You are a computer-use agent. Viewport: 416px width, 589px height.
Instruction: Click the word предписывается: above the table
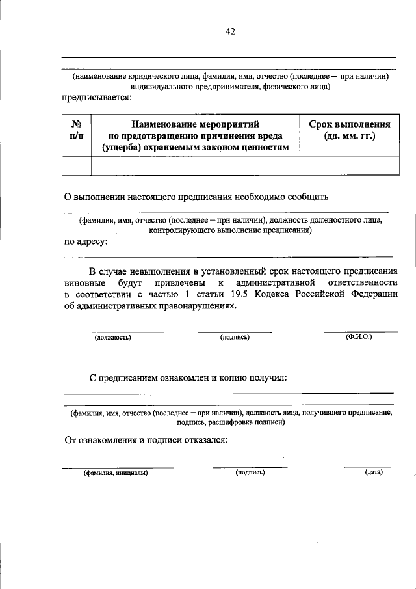[96, 98]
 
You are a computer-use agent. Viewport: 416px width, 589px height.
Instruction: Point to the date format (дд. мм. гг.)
[349, 137]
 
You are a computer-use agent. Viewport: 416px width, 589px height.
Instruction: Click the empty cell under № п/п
[76, 166]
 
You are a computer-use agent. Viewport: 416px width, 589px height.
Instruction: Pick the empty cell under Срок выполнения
[349, 166]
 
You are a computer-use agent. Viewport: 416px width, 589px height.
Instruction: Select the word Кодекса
[298, 295]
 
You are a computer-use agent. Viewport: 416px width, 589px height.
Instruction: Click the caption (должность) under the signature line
[113, 338]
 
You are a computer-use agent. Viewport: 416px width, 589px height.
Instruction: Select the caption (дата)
[373, 472]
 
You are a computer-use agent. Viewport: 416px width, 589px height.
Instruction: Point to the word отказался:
[199, 439]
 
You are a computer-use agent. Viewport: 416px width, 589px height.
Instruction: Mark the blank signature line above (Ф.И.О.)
[361, 331]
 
